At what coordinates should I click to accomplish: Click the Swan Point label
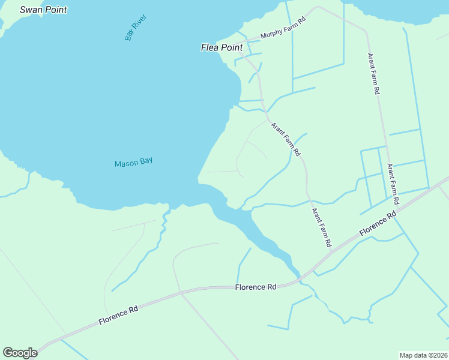pos(43,10)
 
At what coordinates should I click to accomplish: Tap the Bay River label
pos(136,27)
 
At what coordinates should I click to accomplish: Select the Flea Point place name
pos(221,47)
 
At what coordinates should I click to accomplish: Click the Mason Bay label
pos(133,162)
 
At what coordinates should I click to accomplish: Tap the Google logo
pos(20,353)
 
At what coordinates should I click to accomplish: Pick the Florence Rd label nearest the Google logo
pos(118,317)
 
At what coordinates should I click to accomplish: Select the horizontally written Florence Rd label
pos(256,287)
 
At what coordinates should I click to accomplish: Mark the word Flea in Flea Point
pos(210,47)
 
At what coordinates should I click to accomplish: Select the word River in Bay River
pos(139,22)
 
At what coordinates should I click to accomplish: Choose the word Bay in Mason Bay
pos(146,162)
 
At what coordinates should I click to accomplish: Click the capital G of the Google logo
pos(8,353)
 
